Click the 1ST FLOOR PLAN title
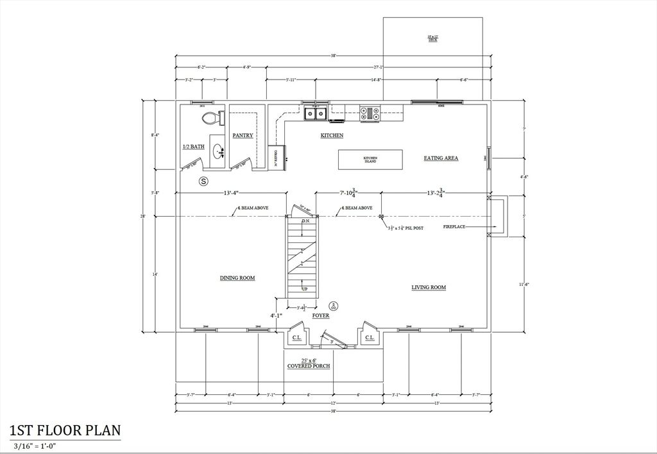65,430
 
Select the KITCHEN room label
332,136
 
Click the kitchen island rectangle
370,159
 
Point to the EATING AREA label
441,158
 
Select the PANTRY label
243,135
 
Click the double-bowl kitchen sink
315,113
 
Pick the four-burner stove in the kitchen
370,113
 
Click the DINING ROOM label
237,278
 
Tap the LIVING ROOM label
429,287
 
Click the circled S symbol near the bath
204,181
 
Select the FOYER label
321,316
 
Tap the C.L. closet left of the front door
297,337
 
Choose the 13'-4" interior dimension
232,193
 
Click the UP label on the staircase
305,289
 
